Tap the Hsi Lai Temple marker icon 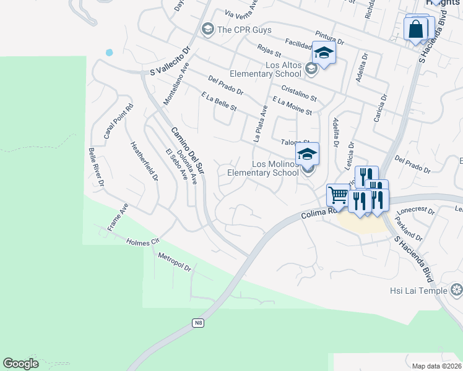click(x=457, y=289)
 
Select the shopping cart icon click(x=338, y=195)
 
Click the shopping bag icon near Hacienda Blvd click(x=415, y=28)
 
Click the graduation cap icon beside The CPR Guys click(x=207, y=28)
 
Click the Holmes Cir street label click(x=143, y=242)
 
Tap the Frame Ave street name click(x=118, y=217)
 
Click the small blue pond click(x=110, y=53)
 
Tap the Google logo click(x=20, y=364)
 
